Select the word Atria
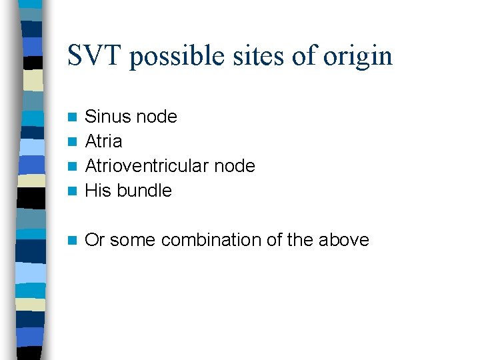[104, 141]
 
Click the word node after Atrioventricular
[235, 166]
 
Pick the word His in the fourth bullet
[98, 191]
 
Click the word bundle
[144, 191]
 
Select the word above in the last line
[345, 240]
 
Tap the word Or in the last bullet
[95, 240]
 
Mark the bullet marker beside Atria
[73, 142]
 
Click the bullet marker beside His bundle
[73, 191]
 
